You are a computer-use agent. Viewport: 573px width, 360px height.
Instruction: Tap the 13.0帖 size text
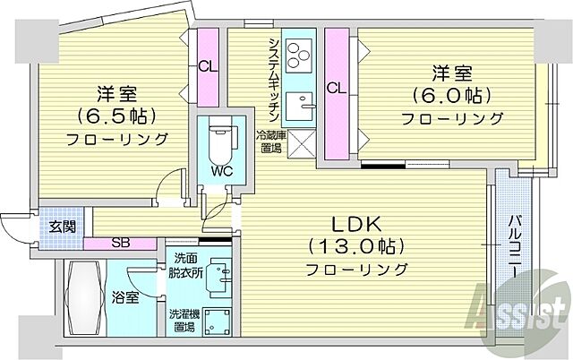click(x=356, y=245)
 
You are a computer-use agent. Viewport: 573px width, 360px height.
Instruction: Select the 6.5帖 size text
click(x=117, y=116)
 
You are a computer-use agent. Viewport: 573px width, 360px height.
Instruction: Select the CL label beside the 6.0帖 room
click(x=336, y=88)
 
